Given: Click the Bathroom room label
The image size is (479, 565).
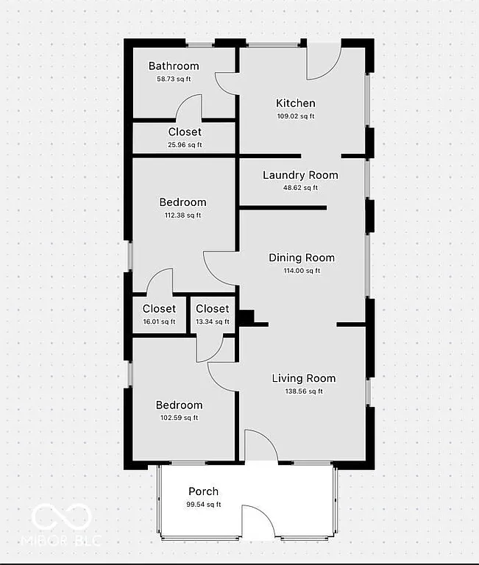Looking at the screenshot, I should click(174, 66).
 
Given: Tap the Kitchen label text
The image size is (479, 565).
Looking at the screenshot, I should click(296, 103).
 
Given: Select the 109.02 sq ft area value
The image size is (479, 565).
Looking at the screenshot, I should click(296, 116).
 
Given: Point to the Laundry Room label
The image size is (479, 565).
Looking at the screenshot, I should click(300, 175).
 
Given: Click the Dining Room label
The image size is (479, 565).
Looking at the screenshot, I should click(302, 257).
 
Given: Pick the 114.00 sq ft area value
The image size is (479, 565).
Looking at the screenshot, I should click(302, 271).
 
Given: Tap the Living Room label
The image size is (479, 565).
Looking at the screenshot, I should click(304, 378).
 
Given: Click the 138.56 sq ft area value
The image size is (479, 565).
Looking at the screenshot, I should click(304, 391).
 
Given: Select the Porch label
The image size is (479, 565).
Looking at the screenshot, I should click(203, 491).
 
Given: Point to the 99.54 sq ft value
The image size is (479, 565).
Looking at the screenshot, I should click(203, 505).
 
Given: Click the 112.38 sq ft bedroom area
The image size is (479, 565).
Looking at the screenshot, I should click(183, 216).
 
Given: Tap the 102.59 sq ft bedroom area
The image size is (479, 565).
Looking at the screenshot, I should click(179, 418).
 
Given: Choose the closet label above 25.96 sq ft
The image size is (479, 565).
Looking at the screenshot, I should click(185, 132).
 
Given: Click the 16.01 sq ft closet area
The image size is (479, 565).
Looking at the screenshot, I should click(159, 321).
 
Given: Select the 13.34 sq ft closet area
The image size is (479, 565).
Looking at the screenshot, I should click(213, 321).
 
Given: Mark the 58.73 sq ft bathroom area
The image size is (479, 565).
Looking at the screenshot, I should click(174, 79).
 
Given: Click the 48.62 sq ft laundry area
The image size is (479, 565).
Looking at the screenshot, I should click(300, 188).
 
